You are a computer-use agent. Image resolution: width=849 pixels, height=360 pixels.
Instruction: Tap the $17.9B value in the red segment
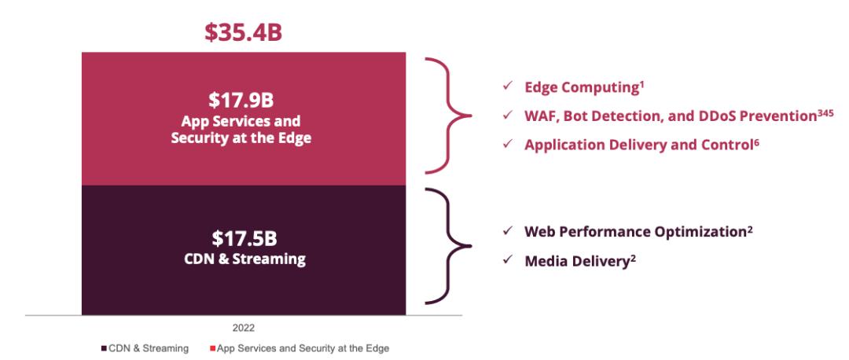[244, 102]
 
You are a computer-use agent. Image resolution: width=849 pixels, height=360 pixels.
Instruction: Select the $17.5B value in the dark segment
[244, 240]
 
